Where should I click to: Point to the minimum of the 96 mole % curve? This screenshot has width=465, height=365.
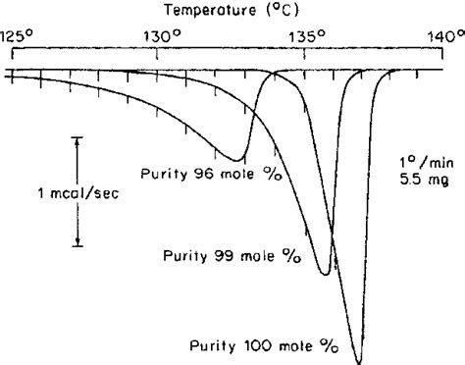click(x=238, y=159)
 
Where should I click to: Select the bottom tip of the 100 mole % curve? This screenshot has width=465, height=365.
click(x=359, y=361)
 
